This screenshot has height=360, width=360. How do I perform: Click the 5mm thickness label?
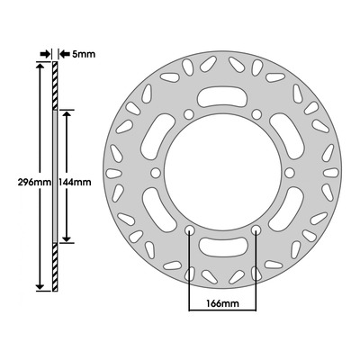pyautogui.click(x=79, y=54)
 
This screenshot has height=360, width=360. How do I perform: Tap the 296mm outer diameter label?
pyautogui.click(x=35, y=182)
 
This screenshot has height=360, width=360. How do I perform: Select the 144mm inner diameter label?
pyautogui.click(x=75, y=182)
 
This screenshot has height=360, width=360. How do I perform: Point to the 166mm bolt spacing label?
pyautogui.click(x=222, y=303)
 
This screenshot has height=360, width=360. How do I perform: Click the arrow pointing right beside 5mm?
pyautogui.click(x=45, y=54)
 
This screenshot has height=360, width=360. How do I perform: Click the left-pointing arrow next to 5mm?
pyautogui.click(x=64, y=54)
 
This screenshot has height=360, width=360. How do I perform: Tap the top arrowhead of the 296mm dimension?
pyautogui.click(x=40, y=67)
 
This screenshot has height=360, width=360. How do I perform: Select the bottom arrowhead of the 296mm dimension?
pyautogui.click(x=40, y=286)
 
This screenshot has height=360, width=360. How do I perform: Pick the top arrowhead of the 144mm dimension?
pyautogui.click(x=67, y=114)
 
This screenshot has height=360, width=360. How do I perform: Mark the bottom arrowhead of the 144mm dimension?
pyautogui.click(x=67, y=238)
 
